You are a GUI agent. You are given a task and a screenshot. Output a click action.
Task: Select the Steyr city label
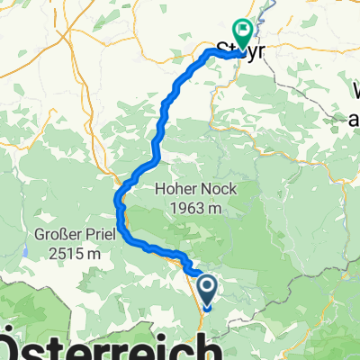240,51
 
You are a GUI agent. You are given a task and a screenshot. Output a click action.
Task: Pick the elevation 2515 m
61,256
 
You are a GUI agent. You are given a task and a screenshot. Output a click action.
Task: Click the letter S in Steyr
224,51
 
